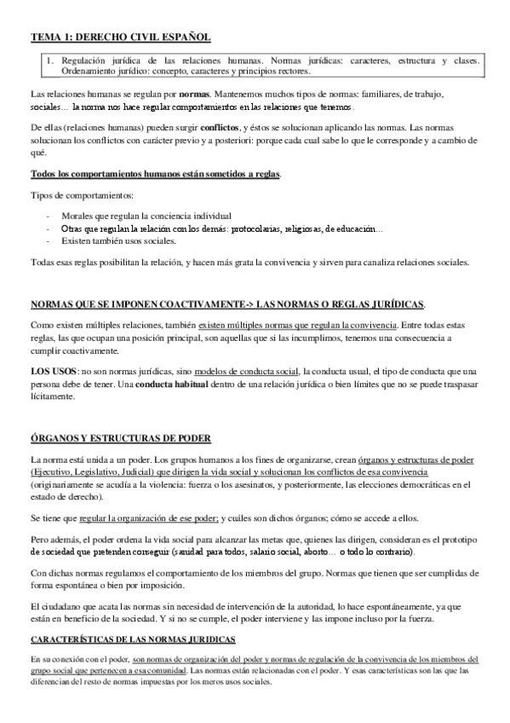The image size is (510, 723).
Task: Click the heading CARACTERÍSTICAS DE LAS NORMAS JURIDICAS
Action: pyautogui.click(x=133, y=639)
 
